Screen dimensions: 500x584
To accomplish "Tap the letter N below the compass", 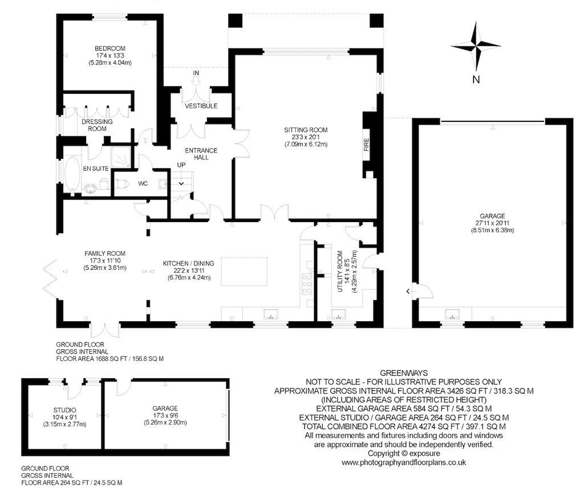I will click(x=476, y=80).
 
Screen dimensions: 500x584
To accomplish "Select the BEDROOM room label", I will click(x=110, y=48).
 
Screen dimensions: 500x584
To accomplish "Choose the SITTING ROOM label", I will click(x=306, y=130).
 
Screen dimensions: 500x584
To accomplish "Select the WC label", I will click(x=143, y=184).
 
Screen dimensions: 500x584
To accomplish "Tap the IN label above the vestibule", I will click(x=196, y=73).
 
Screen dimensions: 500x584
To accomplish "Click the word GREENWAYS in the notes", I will click(x=404, y=372).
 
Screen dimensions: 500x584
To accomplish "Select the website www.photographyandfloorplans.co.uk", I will click(x=404, y=463).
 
